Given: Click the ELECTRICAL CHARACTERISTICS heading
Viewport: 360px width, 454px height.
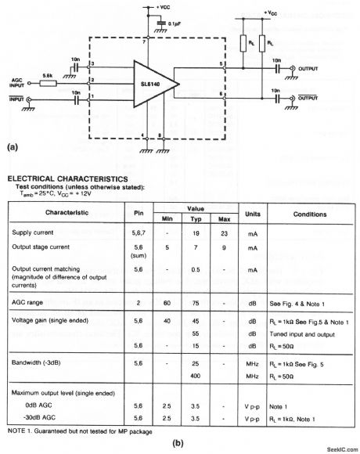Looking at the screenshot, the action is (62, 178).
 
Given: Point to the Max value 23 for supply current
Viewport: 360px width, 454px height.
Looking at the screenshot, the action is (224, 234).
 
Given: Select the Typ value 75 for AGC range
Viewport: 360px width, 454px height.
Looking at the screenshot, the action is (196, 302).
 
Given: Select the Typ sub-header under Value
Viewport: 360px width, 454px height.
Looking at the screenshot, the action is (196, 220).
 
